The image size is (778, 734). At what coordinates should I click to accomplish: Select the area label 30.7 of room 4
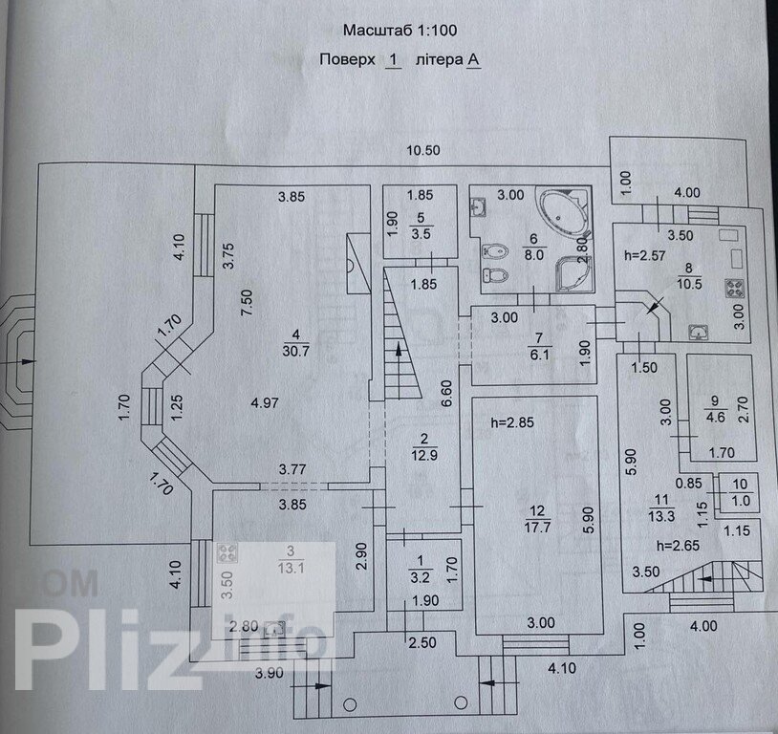pos(296,351)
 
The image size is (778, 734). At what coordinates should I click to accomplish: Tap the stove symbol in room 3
pos(228,551)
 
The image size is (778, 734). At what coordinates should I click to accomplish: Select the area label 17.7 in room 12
pos(534,527)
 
